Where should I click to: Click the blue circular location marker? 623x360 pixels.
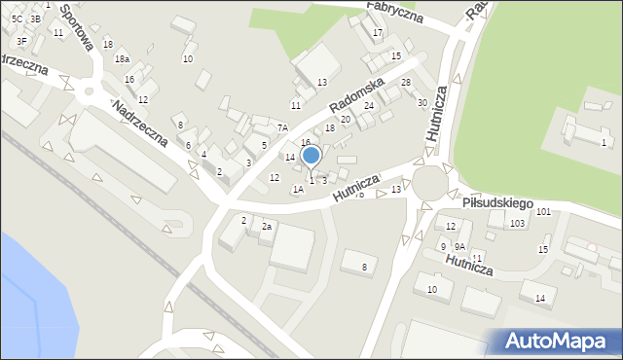click(311, 156)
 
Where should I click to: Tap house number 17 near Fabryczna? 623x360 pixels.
click(378, 33)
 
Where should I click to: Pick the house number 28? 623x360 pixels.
click(406, 83)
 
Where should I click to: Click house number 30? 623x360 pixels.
click(421, 102)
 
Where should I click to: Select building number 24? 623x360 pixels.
click(369, 105)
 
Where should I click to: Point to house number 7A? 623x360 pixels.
click(282, 127)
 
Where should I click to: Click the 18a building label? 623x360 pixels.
click(122, 60)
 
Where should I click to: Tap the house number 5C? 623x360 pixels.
click(17, 18)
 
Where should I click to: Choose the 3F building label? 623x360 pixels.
click(21, 41)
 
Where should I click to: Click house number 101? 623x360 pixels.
click(542, 211)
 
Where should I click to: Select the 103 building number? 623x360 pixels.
click(517, 224)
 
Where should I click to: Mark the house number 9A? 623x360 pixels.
click(459, 247)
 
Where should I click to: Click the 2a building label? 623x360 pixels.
click(266, 227)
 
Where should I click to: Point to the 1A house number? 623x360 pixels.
click(299, 190)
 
